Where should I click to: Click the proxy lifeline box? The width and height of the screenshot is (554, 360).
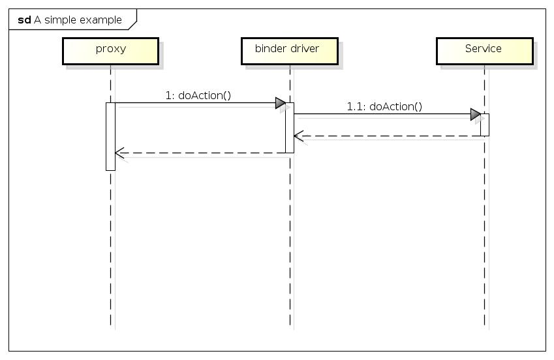pyautogui.click(x=110, y=51)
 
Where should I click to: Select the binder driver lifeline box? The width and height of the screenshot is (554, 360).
pyautogui.click(x=289, y=51)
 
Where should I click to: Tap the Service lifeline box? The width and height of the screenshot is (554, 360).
pyautogui.click(x=484, y=51)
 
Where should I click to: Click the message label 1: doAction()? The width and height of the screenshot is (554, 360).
pyautogui.click(x=198, y=95)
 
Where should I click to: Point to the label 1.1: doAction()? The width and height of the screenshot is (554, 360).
pyautogui.click(x=384, y=107)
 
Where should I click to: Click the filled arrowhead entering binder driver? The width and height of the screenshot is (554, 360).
pyautogui.click(x=280, y=103)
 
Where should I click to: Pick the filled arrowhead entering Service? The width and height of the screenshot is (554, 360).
pyautogui.click(x=475, y=115)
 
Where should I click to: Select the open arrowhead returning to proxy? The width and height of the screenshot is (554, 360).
pyautogui.click(x=119, y=153)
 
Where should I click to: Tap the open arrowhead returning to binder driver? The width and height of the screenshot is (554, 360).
pyautogui.click(x=298, y=136)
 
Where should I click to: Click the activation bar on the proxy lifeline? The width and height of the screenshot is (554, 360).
pyautogui.click(x=110, y=136)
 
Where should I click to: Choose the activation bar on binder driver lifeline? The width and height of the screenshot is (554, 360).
pyautogui.click(x=289, y=128)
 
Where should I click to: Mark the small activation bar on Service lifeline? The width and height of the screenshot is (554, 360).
pyautogui.click(x=485, y=125)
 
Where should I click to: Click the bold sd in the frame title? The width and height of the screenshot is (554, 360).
pyautogui.click(x=25, y=20)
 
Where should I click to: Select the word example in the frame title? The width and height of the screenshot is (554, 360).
pyautogui.click(x=100, y=20)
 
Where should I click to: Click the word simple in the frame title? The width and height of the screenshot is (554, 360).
pyautogui.click(x=59, y=20)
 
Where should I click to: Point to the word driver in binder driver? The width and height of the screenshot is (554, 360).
pyautogui.click(x=305, y=48)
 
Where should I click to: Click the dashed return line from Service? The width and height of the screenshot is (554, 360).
pyautogui.click(x=392, y=136)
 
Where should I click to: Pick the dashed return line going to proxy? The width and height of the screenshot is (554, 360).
pyautogui.click(x=202, y=153)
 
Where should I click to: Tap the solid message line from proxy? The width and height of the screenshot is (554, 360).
pyautogui.click(x=196, y=103)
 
